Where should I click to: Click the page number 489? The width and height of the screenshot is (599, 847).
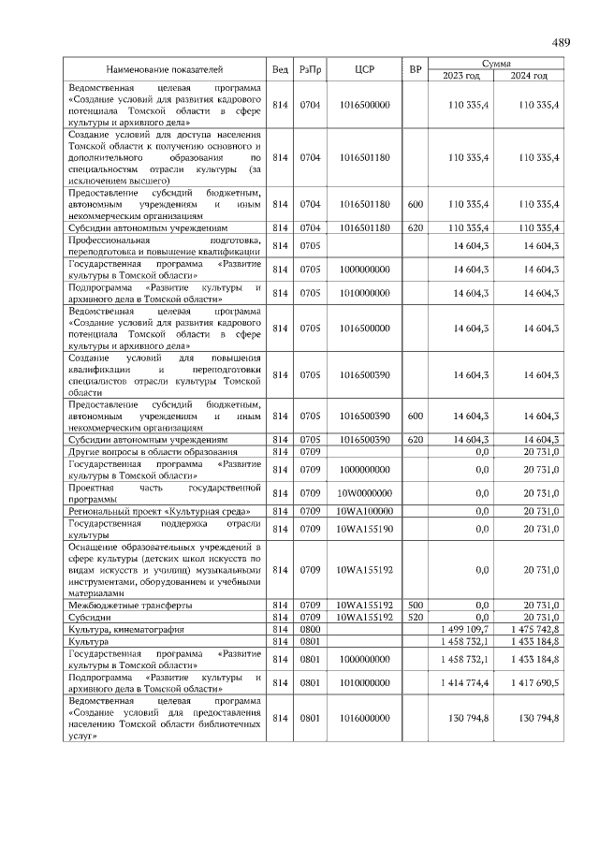click(561, 43)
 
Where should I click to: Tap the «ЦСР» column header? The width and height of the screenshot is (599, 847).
click(365, 70)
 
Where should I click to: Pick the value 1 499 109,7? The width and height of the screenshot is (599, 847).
click(464, 630)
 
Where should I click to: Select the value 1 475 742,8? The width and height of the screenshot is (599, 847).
click(534, 630)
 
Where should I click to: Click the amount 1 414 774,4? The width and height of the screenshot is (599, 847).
click(464, 682)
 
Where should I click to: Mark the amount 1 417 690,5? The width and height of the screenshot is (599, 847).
click(534, 682)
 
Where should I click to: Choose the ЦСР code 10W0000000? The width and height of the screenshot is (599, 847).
click(365, 492)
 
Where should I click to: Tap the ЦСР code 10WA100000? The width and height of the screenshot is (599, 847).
click(365, 510)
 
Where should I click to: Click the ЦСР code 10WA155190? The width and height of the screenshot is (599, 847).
click(365, 529)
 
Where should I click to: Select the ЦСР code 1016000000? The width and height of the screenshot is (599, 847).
click(365, 717)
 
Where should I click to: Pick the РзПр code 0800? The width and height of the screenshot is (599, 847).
click(310, 630)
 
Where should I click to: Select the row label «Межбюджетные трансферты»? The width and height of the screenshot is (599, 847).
click(130, 605)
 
